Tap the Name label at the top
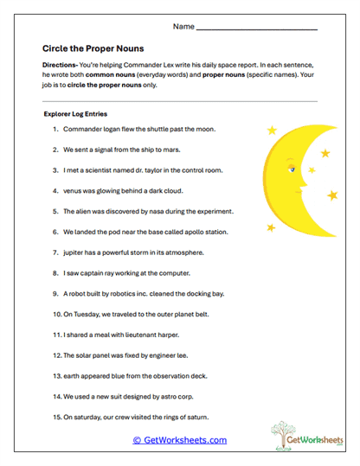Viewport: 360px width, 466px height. tap(183, 27)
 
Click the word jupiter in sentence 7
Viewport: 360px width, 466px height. tap(77, 252)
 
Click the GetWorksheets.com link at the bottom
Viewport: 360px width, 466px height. tap(180, 440)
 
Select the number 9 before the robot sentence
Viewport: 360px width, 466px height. tap(55, 294)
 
